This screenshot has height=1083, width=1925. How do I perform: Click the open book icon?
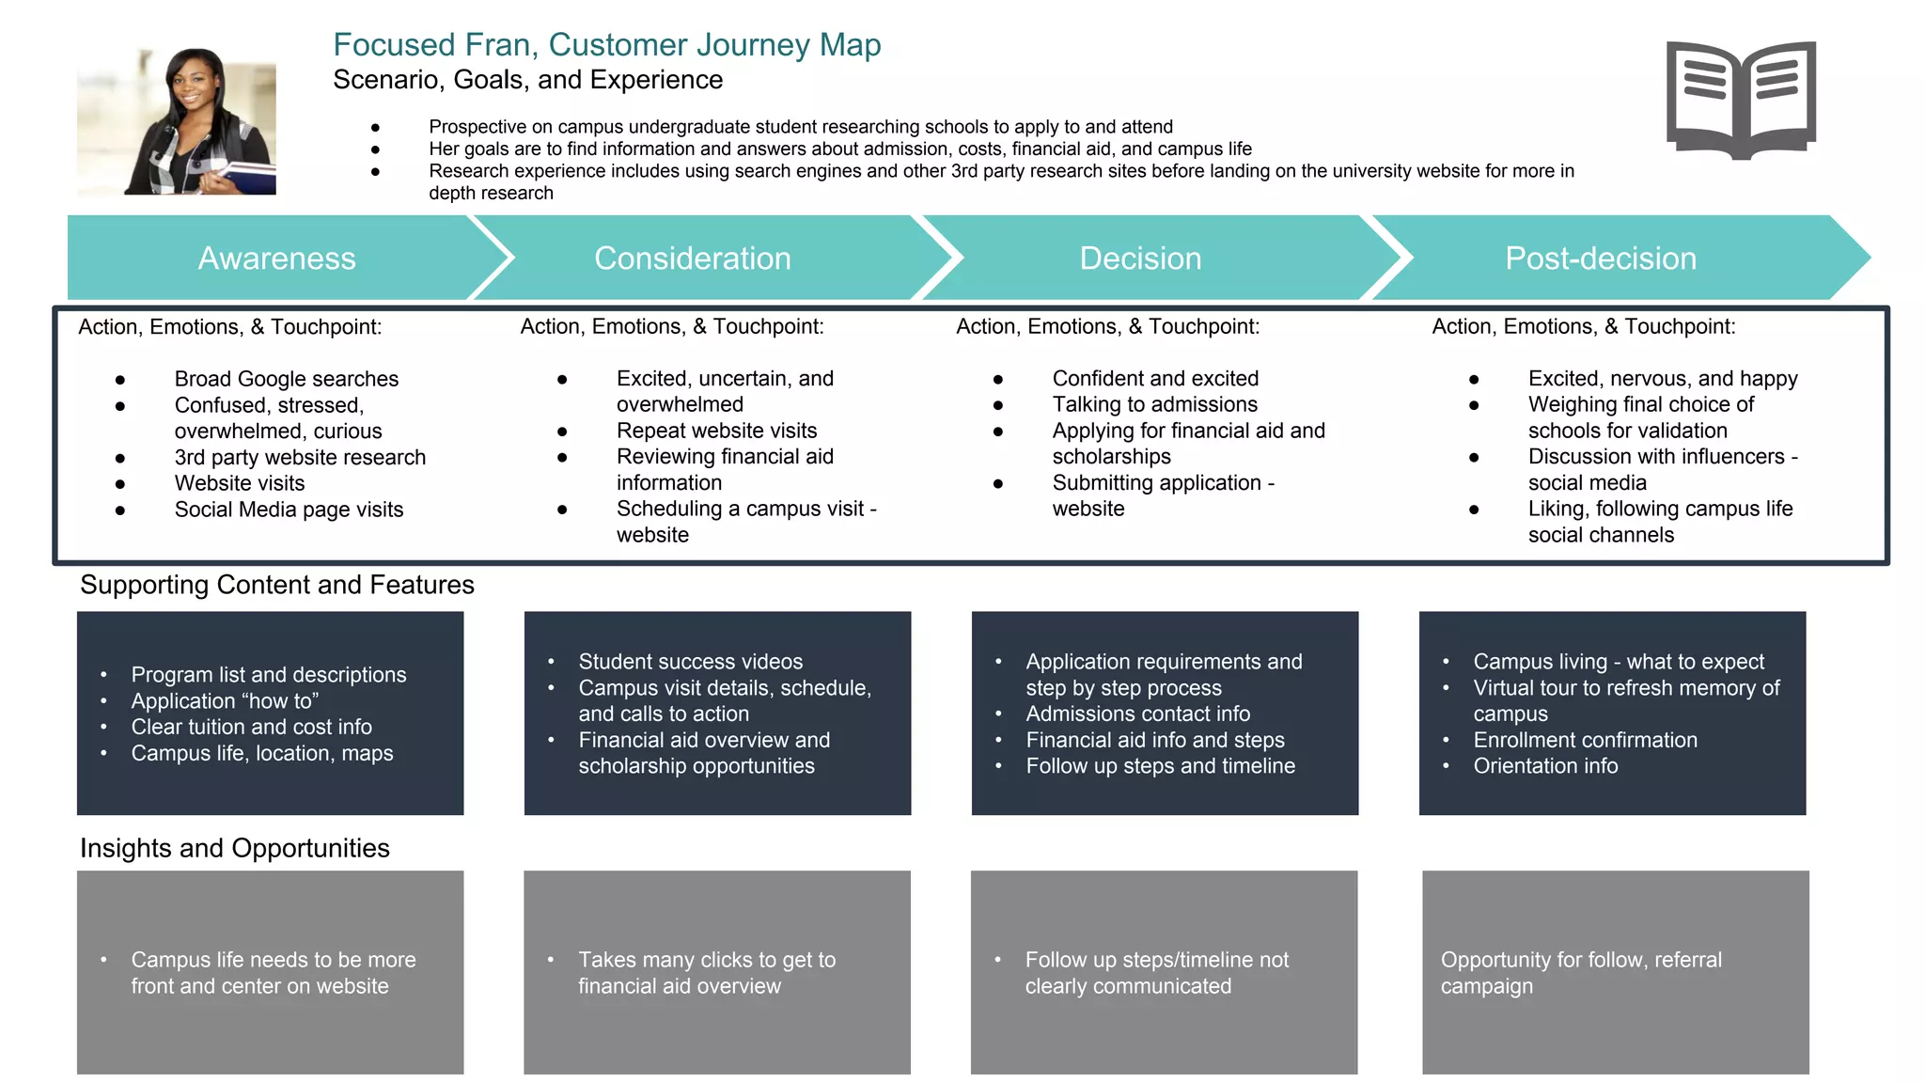pos(1741,100)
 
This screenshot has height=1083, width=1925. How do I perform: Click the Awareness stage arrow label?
pos(276,259)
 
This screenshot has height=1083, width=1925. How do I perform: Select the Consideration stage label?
pos(692,259)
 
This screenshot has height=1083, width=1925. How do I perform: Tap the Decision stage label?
pos(1140,259)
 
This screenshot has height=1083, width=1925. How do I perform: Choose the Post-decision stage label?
pos(1600,259)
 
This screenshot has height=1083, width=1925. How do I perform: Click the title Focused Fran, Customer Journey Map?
pos(606,45)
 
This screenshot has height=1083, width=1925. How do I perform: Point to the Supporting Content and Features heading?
pos(277,585)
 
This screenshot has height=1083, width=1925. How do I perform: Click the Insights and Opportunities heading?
pos(234,848)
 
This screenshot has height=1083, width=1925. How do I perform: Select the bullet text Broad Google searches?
pos(286,379)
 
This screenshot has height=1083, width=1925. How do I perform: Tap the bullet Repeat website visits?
pos(716,431)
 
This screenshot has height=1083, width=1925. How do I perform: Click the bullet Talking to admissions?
pos(1154,404)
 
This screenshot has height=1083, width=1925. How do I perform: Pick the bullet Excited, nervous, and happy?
pos(1662,379)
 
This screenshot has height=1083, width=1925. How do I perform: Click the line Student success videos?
pos(690,662)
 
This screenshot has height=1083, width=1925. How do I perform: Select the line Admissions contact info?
pos(1137,714)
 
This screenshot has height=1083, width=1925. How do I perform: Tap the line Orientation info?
pos(1545,766)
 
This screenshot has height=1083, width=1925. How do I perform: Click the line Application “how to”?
pos(225,701)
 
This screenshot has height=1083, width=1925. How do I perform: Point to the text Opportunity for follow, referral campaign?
pos(1581,973)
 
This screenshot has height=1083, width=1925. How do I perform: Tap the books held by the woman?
pos(244,177)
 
